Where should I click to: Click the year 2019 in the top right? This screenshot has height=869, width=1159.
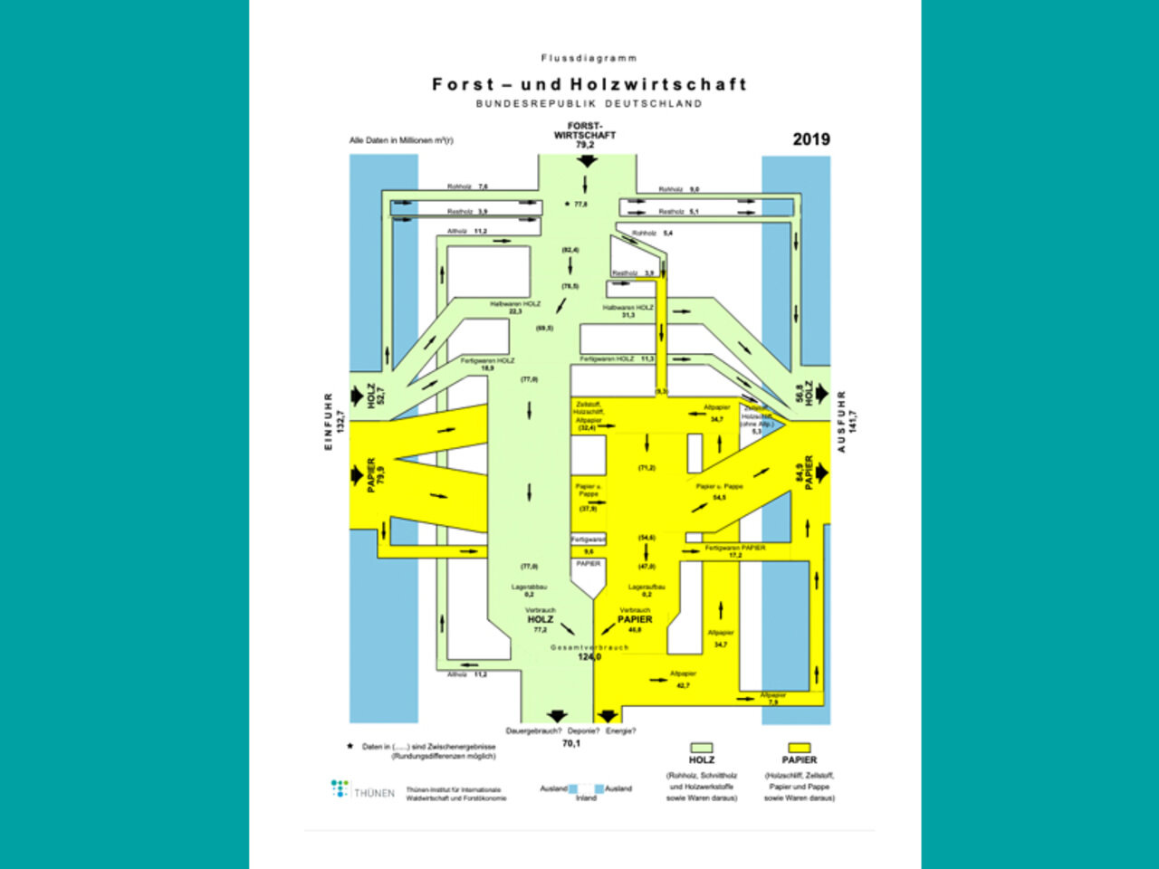[810, 139]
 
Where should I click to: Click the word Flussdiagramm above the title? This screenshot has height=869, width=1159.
[589, 58]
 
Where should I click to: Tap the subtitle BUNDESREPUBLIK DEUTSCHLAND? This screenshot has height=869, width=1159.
[589, 103]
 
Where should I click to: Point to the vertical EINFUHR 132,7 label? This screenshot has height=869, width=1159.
[334, 421]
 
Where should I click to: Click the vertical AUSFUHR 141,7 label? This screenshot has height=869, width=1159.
[847, 421]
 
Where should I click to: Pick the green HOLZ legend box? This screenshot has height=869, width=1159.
[702, 748]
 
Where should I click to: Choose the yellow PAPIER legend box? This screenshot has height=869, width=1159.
[799, 748]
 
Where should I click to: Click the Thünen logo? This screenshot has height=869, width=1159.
[362, 790]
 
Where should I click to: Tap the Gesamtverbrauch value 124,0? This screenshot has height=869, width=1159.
[589, 656]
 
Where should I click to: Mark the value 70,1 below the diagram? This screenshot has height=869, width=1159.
[570, 743]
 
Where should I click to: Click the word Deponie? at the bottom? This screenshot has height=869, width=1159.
[584, 731]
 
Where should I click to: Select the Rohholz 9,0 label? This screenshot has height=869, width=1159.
[678, 190]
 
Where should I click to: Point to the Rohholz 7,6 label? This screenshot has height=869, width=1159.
[466, 187]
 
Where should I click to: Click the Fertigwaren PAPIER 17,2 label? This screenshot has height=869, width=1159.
[734, 551]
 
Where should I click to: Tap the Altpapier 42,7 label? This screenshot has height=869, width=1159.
[683, 680]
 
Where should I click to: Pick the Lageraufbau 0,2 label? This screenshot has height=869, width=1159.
[647, 590]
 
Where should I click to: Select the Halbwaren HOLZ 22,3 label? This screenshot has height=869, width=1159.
[515, 308]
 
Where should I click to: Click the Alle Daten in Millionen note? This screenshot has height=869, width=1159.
[401, 140]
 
